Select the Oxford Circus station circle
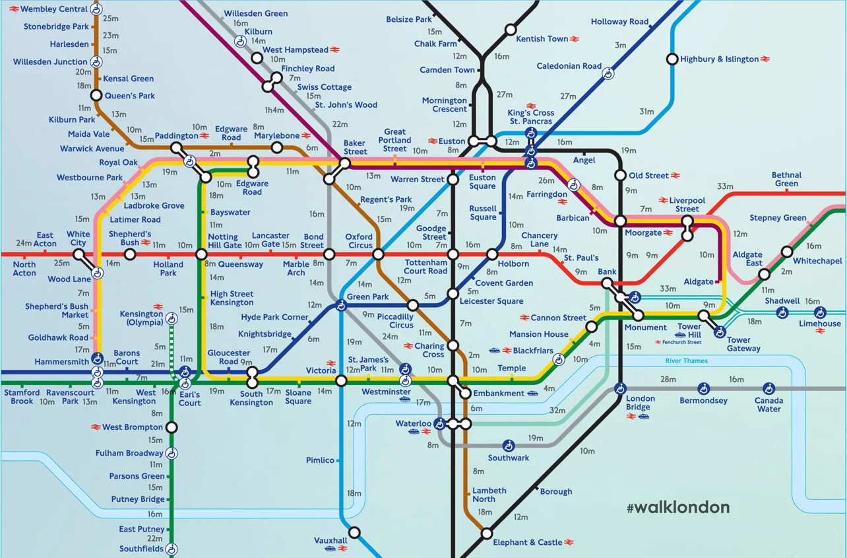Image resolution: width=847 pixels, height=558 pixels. [x=378, y=254]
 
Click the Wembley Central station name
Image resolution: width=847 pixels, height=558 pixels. [x=55, y=9]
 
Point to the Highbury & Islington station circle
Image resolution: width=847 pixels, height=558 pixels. [x=672, y=59]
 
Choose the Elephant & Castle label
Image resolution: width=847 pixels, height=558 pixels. [x=528, y=542]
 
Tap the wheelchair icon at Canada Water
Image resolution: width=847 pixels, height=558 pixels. [x=769, y=388]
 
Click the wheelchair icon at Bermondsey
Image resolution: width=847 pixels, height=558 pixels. [x=704, y=388]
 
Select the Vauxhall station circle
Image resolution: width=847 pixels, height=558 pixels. [x=354, y=532]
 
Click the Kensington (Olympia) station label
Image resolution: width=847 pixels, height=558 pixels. [x=142, y=318]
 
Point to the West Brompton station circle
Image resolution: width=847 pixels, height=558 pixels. [x=172, y=427]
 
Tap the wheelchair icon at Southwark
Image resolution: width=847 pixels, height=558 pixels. [x=509, y=446]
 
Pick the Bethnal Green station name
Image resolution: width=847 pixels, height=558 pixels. [x=786, y=179]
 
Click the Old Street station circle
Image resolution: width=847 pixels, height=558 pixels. [x=620, y=176]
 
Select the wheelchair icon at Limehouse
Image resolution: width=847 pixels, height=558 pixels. [x=820, y=312]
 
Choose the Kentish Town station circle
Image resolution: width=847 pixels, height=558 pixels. [x=511, y=30]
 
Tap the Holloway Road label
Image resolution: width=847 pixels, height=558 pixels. [x=619, y=22]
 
